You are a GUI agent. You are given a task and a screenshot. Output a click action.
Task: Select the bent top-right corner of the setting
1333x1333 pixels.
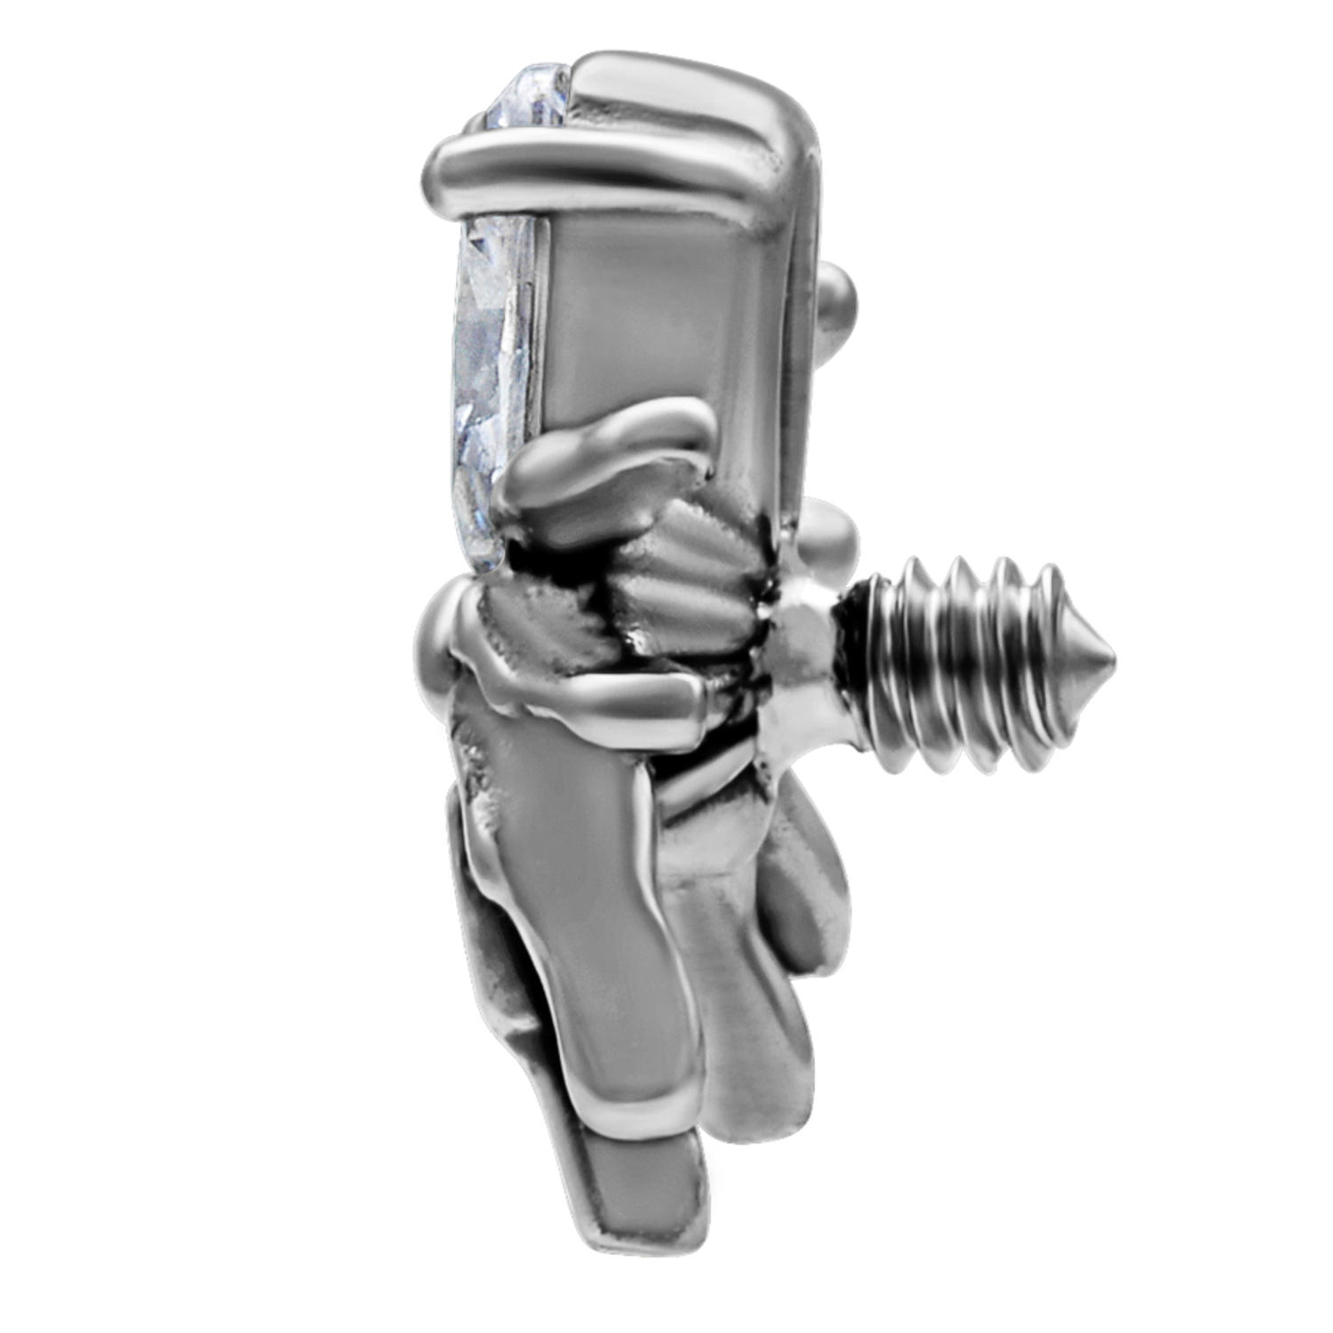tap(791, 133)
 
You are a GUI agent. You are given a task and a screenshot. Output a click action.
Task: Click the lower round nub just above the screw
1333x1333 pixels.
tap(831, 538)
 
